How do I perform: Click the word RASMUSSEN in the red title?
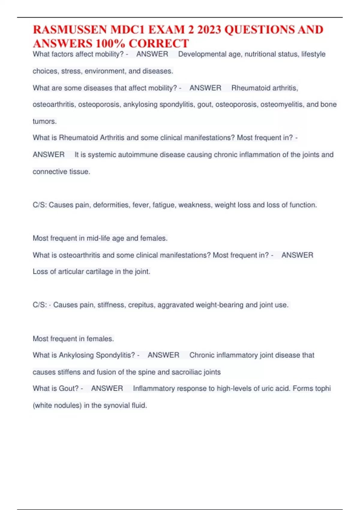click(70, 30)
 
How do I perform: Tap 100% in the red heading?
click(110, 44)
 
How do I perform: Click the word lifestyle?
click(313, 54)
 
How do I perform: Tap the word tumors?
click(44, 121)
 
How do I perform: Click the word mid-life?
click(98, 238)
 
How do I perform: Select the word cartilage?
click(99, 271)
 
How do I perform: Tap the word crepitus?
click(141, 305)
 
